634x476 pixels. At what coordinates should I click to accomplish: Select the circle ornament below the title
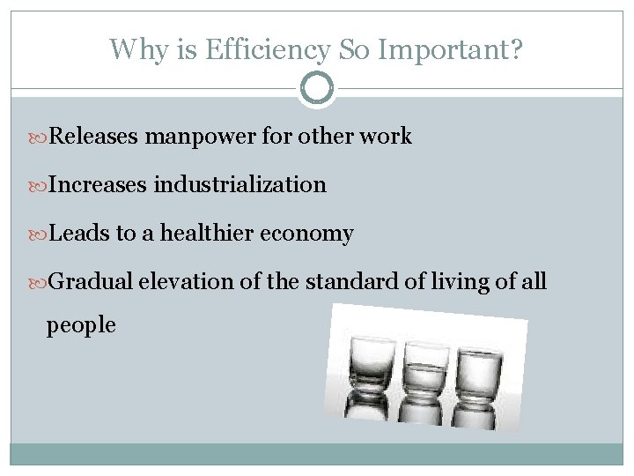317,88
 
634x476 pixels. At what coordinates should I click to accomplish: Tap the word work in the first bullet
387,138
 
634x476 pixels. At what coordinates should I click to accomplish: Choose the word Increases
98,185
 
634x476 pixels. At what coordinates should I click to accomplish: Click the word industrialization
240,185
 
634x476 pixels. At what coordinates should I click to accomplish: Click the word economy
308,234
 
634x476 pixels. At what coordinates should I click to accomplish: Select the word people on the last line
81,325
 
